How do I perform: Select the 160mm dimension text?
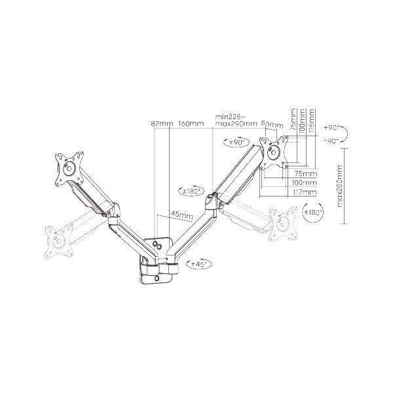(191, 124)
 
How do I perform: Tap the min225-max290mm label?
(236, 120)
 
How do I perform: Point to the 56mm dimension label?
(272, 124)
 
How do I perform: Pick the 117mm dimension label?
(304, 193)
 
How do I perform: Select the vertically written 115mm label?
(312, 121)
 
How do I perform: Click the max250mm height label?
(339, 186)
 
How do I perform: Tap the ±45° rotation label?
(199, 264)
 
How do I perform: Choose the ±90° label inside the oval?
(236, 143)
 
